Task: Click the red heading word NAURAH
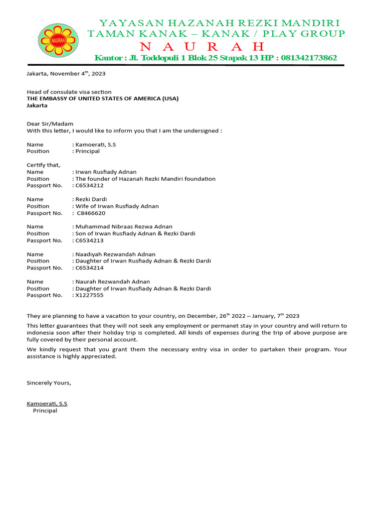pos(202,47)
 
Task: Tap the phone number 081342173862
pos(309,58)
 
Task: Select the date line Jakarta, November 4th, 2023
pos(66,73)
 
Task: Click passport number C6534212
pos(90,185)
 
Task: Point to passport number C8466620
pos(91,213)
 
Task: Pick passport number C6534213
pos(90,240)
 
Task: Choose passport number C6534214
pos(90,268)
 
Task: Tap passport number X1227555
pos(89,295)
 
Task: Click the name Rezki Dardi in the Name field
pos(91,199)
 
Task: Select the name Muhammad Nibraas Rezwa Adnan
pos(123,227)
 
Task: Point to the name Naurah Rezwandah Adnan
pos(112,282)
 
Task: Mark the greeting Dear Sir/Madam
pos(50,124)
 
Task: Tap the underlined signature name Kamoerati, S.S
pos(47,404)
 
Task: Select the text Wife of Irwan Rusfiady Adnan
pos(117,206)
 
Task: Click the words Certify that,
pos(43,165)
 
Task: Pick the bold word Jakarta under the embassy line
pos(37,105)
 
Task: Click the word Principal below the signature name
pos(45,411)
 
